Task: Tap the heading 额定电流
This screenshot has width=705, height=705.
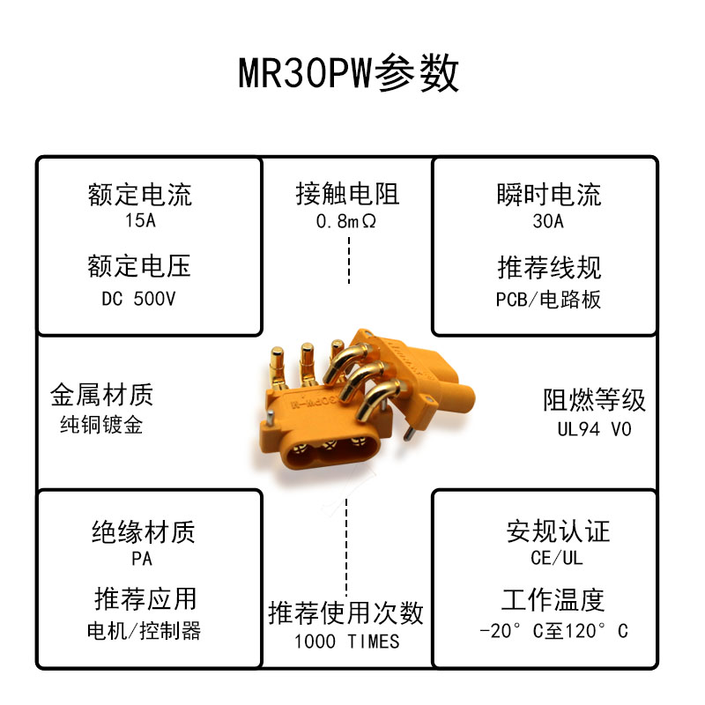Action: click(x=140, y=194)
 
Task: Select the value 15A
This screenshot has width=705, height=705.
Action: click(x=140, y=220)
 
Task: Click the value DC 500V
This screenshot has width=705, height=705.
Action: click(x=139, y=299)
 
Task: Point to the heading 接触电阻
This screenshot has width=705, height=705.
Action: click(x=347, y=194)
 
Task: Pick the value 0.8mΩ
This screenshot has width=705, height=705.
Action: click(x=347, y=221)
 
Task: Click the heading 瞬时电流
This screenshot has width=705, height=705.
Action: click(x=548, y=194)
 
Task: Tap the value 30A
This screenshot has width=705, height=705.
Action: click(x=548, y=221)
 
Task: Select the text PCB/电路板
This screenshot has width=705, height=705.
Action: click(x=548, y=300)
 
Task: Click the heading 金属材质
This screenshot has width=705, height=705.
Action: click(x=102, y=394)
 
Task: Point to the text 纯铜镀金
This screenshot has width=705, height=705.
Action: click(x=101, y=424)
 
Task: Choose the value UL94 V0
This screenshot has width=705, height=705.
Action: click(x=594, y=429)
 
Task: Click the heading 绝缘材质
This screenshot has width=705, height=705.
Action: click(x=143, y=531)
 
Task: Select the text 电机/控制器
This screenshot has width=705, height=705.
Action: click(x=144, y=631)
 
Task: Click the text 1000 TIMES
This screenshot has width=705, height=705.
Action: click(x=346, y=642)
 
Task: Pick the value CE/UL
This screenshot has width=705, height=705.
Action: click(x=558, y=558)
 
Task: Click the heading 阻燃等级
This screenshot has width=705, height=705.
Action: click(x=594, y=400)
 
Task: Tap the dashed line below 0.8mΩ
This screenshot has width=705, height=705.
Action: click(x=349, y=260)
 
